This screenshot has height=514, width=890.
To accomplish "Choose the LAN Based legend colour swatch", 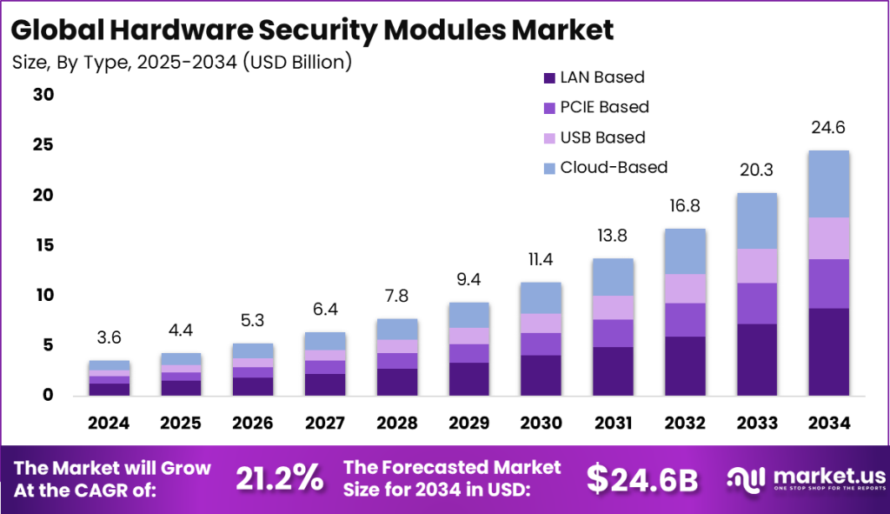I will coord(549,77).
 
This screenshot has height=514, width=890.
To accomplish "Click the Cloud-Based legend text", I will coord(614,167).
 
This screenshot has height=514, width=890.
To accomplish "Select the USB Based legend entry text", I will coord(602,137).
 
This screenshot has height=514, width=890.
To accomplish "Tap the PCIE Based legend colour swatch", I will coord(549,108).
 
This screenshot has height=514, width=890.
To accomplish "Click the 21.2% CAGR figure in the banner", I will coord(280,477).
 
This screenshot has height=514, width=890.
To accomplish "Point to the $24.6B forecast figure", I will coord(641,477).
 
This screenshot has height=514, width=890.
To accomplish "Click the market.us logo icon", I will coord(745,477).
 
